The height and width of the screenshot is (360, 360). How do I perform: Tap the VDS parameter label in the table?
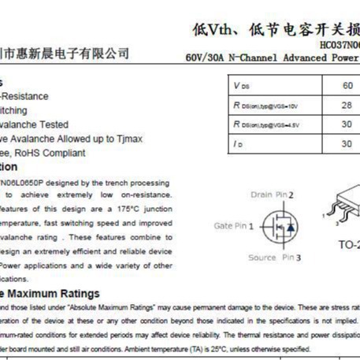point(241,85)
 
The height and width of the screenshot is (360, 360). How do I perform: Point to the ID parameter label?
point(238,144)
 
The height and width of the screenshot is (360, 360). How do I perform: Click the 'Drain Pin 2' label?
point(272,194)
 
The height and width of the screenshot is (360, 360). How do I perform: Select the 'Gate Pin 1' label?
point(235,225)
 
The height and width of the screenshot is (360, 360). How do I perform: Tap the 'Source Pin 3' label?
point(275,258)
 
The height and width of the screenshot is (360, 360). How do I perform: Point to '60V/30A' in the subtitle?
point(204,58)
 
